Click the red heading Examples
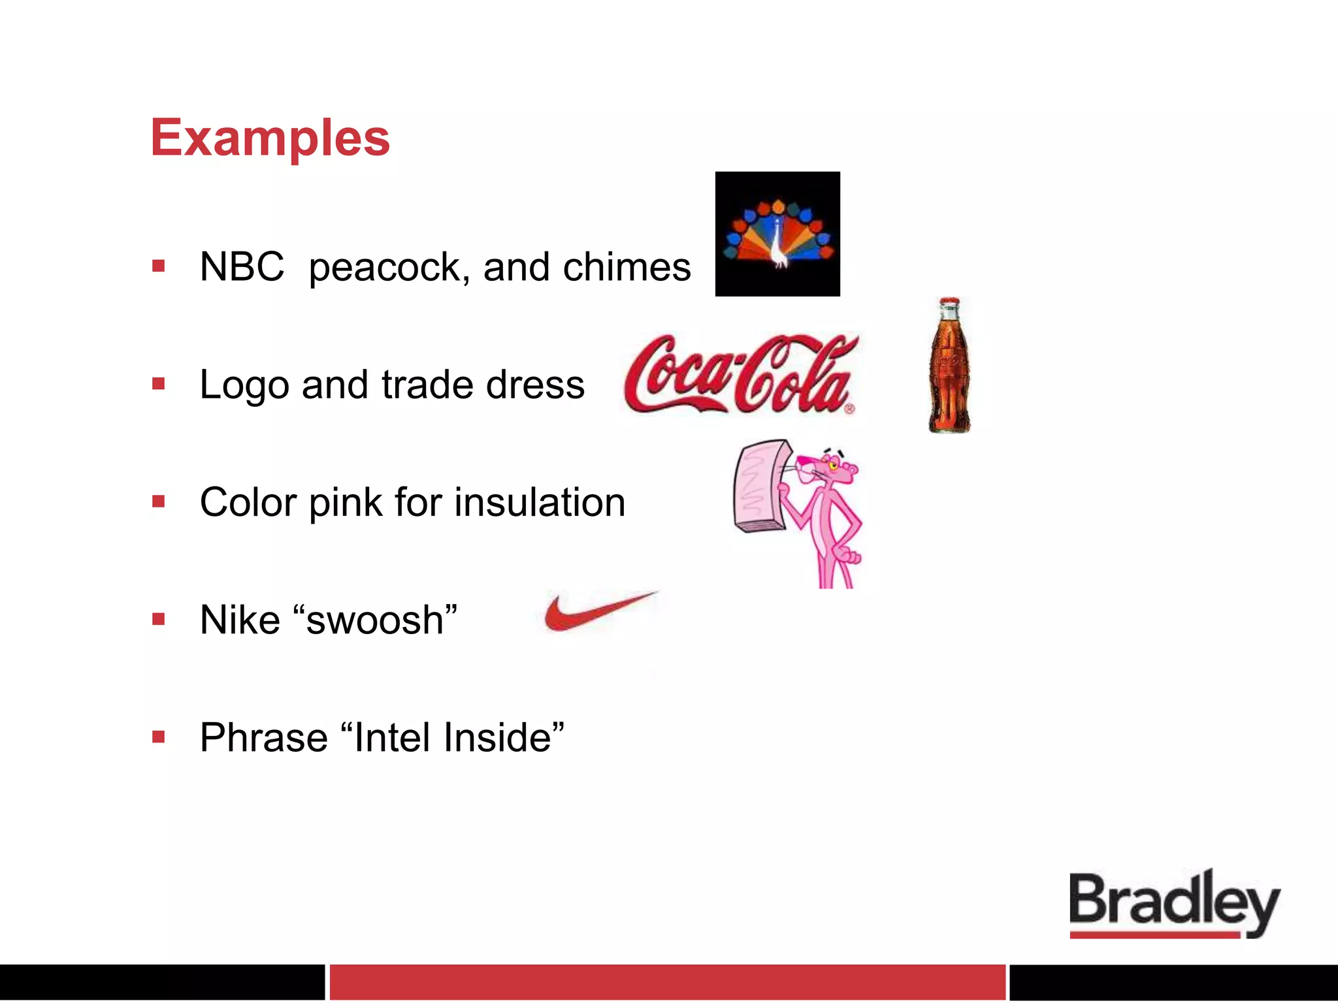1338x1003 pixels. tap(270, 138)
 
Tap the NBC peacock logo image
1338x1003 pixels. tap(777, 234)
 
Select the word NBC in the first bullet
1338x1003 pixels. tap(242, 267)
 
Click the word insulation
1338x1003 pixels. tap(540, 502)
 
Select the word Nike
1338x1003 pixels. tap(240, 620)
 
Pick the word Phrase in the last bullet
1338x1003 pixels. tap(264, 738)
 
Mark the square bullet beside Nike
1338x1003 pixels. tap(158, 619)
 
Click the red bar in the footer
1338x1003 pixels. tap(666, 982)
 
